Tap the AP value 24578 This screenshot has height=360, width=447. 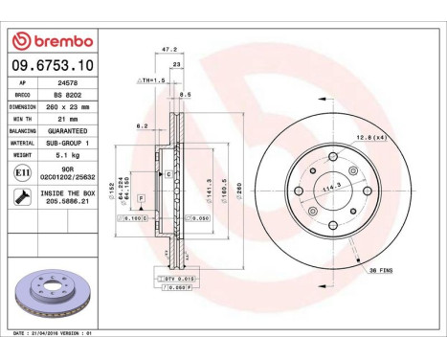pyautogui.click(x=67, y=83)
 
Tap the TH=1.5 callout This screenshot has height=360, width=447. pyautogui.click(x=152, y=82)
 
